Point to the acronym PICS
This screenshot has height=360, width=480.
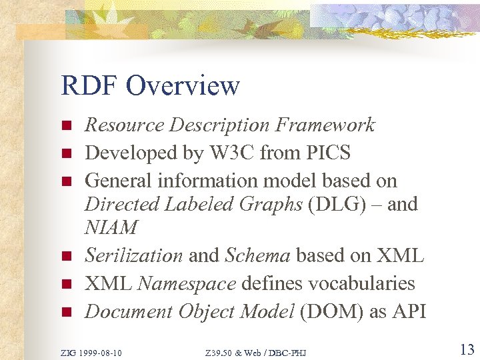(x=326, y=153)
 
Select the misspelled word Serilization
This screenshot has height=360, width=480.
(x=133, y=255)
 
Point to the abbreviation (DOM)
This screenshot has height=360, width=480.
(x=329, y=311)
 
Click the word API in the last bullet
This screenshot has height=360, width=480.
(x=407, y=311)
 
